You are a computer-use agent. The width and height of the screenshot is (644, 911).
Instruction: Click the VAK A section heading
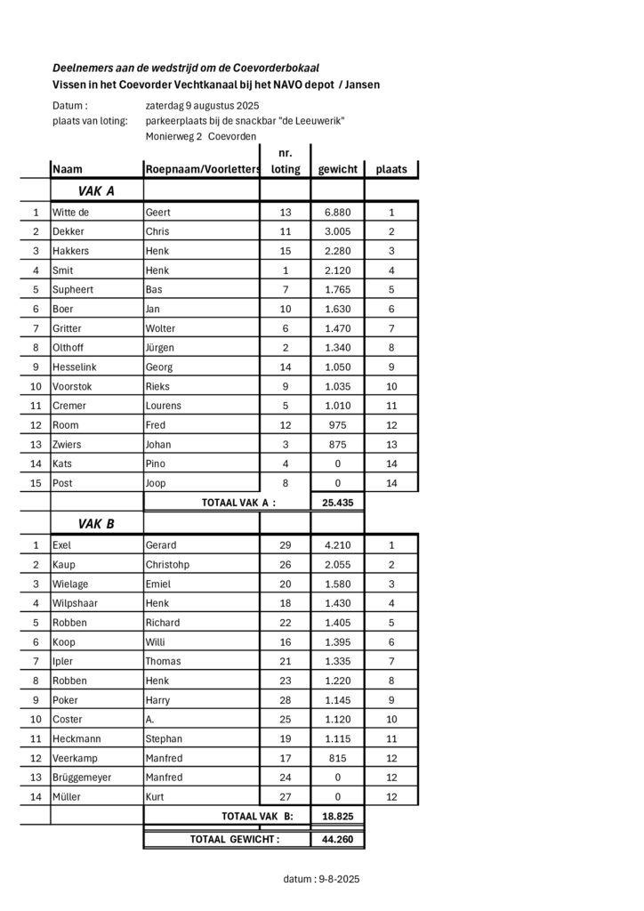coord(96,190)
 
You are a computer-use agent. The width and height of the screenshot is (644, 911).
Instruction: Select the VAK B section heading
coord(96,524)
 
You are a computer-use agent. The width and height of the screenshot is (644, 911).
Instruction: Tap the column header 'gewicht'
coord(337,169)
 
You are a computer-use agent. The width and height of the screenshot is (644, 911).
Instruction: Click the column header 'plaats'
coord(391,169)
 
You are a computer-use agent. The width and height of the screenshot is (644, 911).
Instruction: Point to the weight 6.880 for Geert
coord(337,213)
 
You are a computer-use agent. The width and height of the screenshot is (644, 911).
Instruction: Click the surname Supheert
coord(73,289)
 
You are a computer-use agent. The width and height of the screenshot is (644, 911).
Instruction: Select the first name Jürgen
coord(160,347)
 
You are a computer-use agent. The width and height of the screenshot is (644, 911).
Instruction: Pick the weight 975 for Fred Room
coord(337,425)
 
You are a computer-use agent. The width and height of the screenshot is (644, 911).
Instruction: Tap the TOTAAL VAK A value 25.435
coord(337,503)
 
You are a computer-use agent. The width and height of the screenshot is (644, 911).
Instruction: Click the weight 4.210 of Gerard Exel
coord(337,545)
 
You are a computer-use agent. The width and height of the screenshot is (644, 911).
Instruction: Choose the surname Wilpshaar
coord(76,603)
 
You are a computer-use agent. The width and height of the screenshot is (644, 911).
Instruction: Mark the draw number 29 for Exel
coord(286,545)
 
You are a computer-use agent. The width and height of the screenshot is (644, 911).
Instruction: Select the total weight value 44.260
coord(337,839)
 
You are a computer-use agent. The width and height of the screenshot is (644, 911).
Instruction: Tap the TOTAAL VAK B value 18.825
coord(337,816)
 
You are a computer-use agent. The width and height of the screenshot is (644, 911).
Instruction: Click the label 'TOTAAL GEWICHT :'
coord(234,839)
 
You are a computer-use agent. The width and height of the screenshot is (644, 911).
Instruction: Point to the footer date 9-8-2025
coord(338,879)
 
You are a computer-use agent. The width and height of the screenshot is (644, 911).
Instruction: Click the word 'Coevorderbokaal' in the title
coord(272,68)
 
